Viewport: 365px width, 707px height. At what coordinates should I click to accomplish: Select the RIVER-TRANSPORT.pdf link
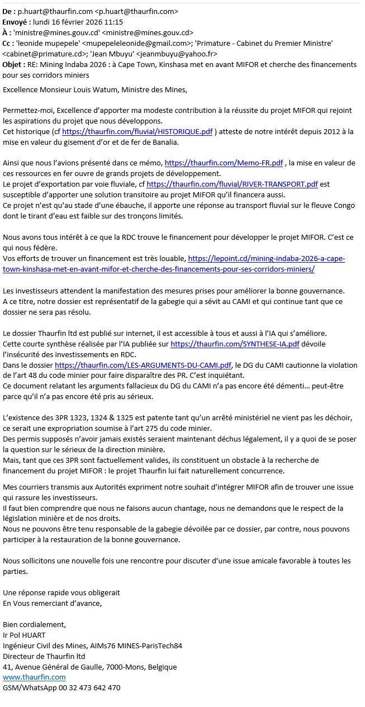232,184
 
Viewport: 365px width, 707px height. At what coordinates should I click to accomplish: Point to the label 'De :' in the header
10,11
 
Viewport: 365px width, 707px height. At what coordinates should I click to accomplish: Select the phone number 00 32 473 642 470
87,687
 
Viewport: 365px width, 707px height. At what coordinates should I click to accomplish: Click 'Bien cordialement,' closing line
34,624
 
